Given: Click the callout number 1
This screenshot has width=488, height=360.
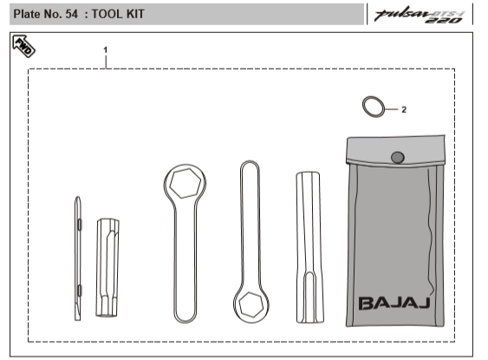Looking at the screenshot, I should (106, 50).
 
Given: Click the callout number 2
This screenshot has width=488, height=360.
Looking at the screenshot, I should (404, 110).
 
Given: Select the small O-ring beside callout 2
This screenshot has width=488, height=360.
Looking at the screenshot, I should (374, 107).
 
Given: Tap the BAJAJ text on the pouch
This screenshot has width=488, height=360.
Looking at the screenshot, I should (396, 303).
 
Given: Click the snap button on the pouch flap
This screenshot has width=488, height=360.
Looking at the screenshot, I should (397, 157).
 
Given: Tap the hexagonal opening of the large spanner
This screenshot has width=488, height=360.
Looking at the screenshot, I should (184, 183).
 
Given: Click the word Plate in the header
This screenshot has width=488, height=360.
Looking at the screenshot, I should (28, 15).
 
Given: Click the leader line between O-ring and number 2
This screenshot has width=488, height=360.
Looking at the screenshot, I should (391, 109).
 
